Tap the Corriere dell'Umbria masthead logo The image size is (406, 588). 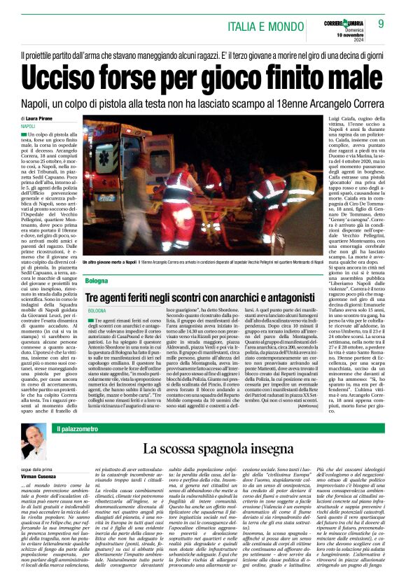coord(347,15)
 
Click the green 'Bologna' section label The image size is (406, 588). coord(97,281)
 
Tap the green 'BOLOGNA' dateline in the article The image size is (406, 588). coord(97,309)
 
